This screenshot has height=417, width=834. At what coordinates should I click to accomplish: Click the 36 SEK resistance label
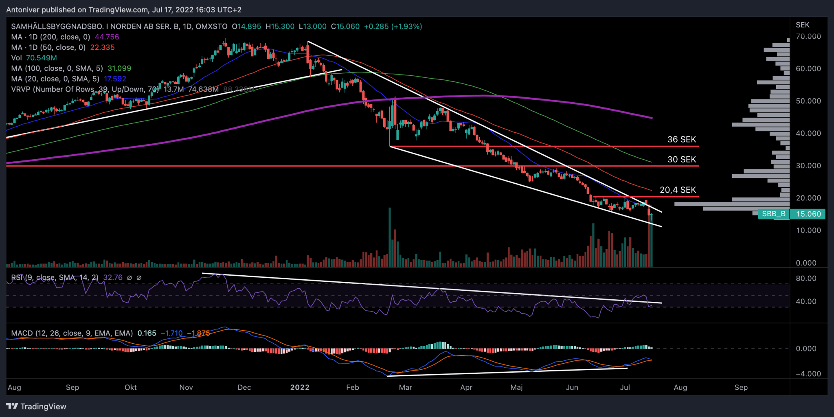point(681,140)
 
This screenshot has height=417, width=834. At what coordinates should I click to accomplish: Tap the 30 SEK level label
point(681,160)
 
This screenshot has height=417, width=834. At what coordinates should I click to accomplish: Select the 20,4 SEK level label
point(678,190)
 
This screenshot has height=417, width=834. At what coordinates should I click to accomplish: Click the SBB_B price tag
point(773,214)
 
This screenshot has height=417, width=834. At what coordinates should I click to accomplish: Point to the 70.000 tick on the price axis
point(808,37)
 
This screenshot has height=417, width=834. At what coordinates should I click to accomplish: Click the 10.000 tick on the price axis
point(808,230)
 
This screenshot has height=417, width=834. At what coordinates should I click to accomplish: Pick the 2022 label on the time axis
point(300,388)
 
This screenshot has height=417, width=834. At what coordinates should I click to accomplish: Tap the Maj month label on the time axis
point(516,388)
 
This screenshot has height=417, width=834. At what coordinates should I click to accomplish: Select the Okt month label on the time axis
point(131,388)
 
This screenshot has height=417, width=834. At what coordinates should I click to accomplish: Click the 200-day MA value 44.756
point(107,37)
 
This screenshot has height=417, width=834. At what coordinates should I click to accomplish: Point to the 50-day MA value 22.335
point(102,48)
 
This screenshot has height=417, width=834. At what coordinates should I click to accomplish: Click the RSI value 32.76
point(112,278)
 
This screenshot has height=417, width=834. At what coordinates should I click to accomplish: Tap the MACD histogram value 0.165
point(147,334)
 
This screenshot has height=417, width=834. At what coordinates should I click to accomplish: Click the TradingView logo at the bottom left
point(36,406)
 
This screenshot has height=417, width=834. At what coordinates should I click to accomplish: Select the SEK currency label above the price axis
point(803,25)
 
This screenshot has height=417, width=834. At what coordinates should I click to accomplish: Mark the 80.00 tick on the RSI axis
point(806,279)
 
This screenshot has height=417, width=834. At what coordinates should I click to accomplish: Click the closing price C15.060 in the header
point(345,26)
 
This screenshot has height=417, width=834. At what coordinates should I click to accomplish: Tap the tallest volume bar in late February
point(390,237)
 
